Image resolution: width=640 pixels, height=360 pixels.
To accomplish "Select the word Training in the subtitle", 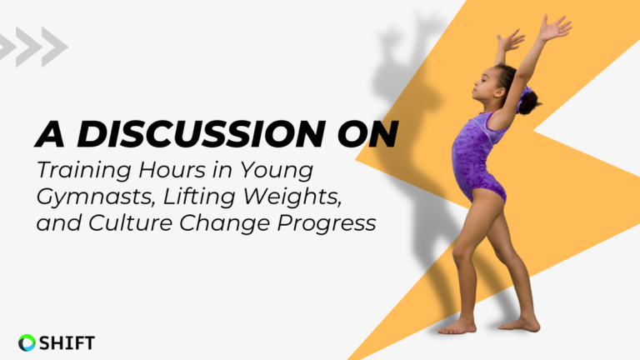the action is point(83,171).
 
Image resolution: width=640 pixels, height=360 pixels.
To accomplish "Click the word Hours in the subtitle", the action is point(172,169).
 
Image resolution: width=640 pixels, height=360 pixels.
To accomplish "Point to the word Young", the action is point(277,171).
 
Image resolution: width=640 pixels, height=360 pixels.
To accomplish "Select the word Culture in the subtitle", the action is point(131,222).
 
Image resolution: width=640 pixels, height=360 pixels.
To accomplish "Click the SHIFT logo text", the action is point(67,342).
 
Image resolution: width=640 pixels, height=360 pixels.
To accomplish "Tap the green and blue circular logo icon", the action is point(27,342).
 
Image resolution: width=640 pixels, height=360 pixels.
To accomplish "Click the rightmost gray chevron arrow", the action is point(55,47).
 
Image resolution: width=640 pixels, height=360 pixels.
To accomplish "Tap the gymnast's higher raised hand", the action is point(555,27).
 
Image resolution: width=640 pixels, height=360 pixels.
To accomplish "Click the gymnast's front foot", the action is point(457,327).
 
